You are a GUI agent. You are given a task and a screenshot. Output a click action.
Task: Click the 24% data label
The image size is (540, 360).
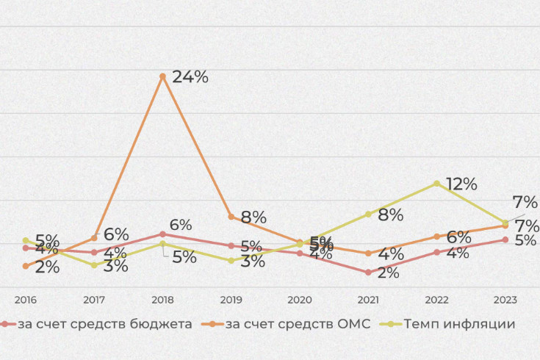coord(190,77)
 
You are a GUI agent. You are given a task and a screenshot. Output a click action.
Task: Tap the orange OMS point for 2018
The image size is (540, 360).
coord(163,76)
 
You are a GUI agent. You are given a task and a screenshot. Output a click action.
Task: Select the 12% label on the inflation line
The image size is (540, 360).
coord(461,184)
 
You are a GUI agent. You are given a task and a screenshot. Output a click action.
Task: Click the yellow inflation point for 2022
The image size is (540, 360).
coord(437,183)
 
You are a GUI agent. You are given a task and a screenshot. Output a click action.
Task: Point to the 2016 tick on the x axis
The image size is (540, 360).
coord(25,300)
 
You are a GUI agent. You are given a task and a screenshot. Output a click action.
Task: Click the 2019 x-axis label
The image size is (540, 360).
coord(231,300)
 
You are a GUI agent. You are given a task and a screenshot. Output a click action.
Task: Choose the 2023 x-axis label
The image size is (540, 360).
coord(505,300)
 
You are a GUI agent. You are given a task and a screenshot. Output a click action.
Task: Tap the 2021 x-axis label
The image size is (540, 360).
coord(368,300)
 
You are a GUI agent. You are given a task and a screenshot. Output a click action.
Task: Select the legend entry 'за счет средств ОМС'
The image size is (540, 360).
coord(297,323)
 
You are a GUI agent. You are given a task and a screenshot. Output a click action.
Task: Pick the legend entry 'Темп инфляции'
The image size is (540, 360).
coord(458,323)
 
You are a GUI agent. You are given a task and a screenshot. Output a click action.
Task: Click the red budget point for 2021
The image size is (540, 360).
coord(368,273)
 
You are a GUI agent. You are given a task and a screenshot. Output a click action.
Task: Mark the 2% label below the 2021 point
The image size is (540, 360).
coord(388,273)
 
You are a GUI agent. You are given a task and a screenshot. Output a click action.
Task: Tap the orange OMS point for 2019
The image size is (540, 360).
coord(231,217)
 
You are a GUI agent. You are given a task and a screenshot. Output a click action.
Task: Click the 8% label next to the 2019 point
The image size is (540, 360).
coord(253,217)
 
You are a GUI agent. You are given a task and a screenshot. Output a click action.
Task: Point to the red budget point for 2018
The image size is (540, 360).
coord(162,234)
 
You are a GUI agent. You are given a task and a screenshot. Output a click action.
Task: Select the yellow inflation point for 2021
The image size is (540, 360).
coord(368,214)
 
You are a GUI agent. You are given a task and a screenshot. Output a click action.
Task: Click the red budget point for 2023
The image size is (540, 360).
coord(505,240)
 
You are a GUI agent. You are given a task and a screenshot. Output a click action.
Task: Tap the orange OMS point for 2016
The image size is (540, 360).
coord(26,266)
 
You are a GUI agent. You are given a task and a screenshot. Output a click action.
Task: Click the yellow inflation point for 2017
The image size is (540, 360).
coord(94,264)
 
